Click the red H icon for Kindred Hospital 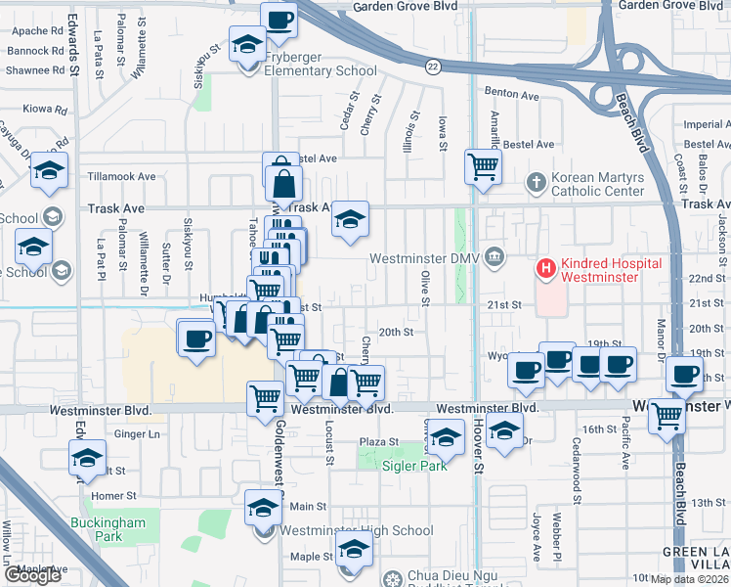pyautogui.click(x=544, y=266)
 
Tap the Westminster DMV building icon pyautogui.click(x=495, y=258)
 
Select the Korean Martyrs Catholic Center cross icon pyautogui.click(x=535, y=182)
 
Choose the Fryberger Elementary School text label pyautogui.click(x=321, y=70)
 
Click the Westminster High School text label pyautogui.click(x=356, y=531)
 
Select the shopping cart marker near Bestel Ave pyautogui.click(x=483, y=166)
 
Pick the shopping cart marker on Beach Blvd pyautogui.click(x=667, y=415)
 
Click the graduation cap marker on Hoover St pyautogui.click(x=504, y=430)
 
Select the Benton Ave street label pyautogui.click(x=512, y=96)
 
